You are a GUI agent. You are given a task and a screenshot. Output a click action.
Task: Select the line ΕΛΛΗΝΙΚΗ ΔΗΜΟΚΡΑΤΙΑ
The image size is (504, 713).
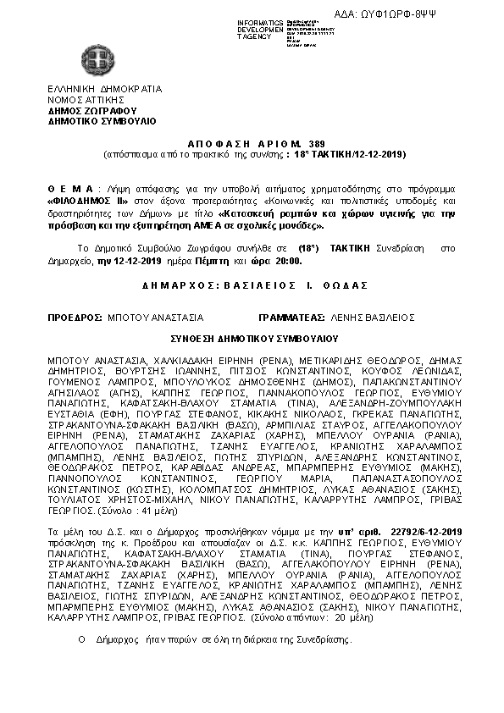point(104,88)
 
